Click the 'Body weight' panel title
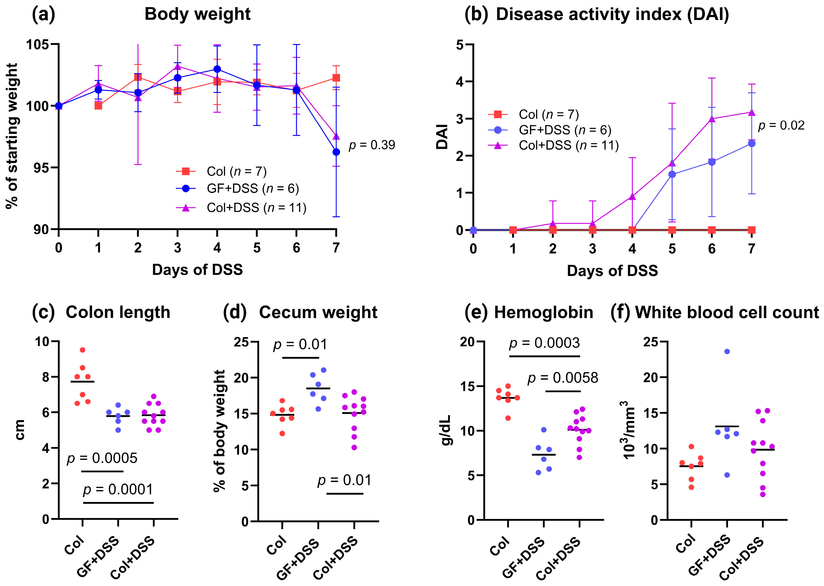[x=197, y=14]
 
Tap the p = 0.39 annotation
[x=371, y=145]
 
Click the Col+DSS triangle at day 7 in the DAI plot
[x=751, y=113]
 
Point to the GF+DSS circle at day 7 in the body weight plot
[x=336, y=152]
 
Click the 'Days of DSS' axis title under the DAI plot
[x=612, y=271]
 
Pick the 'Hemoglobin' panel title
[x=543, y=313]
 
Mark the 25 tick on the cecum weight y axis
[x=241, y=342]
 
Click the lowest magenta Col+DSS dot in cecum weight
[x=354, y=447]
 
